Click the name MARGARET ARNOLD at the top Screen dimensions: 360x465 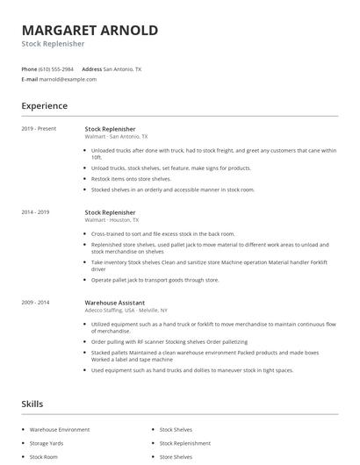tap(90, 31)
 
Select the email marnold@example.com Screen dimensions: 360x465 tap(68, 79)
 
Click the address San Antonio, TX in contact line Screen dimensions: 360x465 tap(124, 68)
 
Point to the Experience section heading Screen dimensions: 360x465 tap(44, 106)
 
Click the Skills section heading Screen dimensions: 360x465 tap(32, 404)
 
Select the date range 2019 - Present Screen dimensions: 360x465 tap(39, 129)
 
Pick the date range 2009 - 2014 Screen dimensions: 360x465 tap(36, 302)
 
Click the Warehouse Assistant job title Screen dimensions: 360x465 tap(114, 302)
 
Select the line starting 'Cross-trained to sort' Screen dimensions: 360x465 tap(163, 234)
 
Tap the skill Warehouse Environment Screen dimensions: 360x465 tap(60, 430)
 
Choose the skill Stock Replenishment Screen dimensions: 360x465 tap(185, 443)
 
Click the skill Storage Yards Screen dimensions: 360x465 tap(47, 443)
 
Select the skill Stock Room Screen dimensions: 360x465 tap(45, 457)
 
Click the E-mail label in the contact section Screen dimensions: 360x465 tap(30, 79)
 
